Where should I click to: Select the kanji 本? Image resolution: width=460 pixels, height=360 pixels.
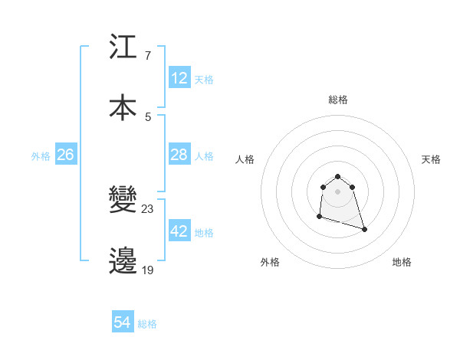(x=123, y=106)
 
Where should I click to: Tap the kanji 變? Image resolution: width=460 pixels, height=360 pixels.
(x=123, y=201)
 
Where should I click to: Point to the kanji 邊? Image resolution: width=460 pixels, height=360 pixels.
(x=123, y=260)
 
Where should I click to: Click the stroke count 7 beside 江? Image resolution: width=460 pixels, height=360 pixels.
(x=148, y=57)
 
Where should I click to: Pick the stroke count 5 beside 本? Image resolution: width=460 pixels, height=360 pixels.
(x=148, y=116)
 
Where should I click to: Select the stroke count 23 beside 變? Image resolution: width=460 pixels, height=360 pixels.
(x=148, y=209)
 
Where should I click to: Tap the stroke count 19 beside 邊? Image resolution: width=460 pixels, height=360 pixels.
(x=148, y=269)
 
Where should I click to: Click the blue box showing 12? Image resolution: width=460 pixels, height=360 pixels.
(x=179, y=78)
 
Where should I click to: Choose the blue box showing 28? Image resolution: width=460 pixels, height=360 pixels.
(x=179, y=155)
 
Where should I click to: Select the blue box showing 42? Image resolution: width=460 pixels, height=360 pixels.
(x=179, y=231)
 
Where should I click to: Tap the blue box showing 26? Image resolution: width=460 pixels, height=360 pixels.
(x=66, y=155)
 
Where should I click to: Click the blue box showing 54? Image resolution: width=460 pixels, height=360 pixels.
(x=123, y=323)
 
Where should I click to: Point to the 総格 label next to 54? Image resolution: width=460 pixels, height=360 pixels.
(x=147, y=324)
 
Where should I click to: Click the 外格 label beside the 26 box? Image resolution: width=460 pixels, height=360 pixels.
(x=41, y=156)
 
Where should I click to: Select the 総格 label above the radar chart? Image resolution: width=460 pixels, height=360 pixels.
(x=338, y=100)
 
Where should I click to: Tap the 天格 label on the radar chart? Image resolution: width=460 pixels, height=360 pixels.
(x=432, y=159)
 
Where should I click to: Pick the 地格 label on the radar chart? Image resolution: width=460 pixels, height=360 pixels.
(x=402, y=262)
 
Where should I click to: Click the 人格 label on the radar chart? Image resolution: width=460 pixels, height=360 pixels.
(x=245, y=159)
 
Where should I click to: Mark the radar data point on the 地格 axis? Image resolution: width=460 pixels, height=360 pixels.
(x=364, y=229)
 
